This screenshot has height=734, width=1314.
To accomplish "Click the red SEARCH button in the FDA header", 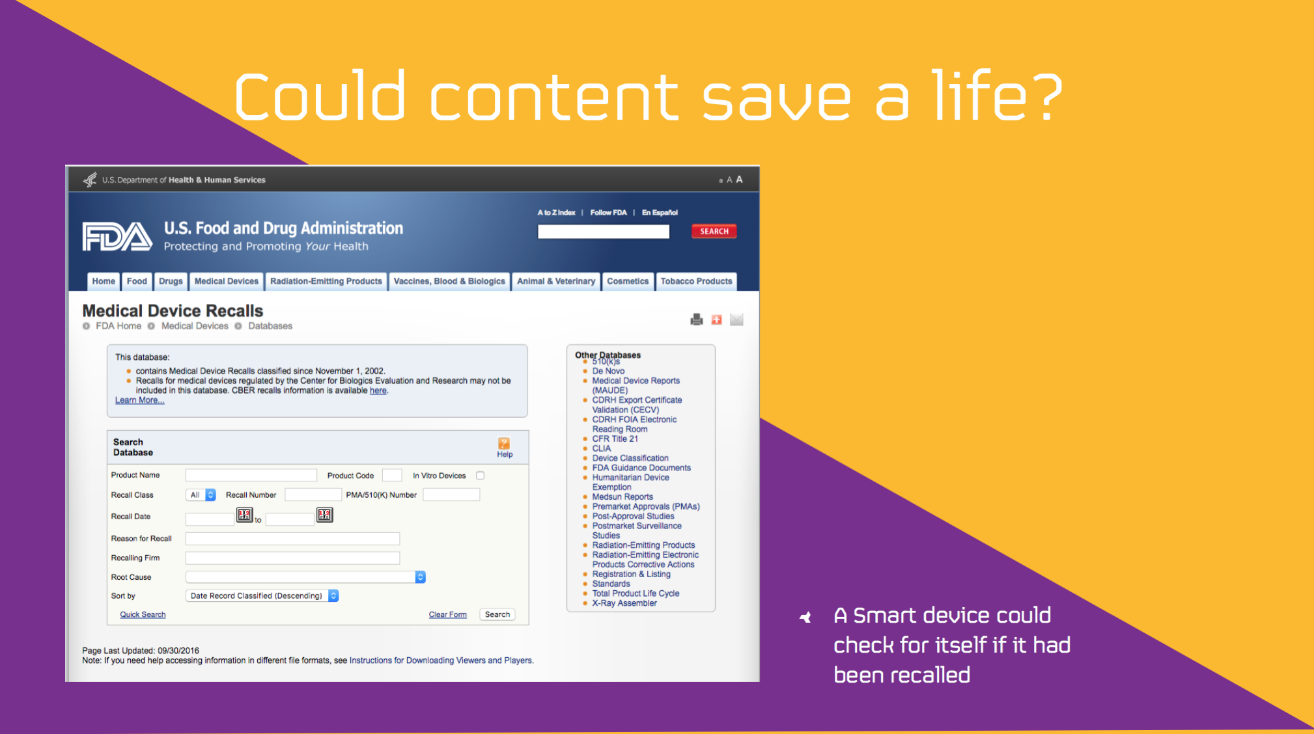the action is pyautogui.click(x=714, y=231).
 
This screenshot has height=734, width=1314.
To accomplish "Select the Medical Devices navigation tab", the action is pyautogui.click(x=226, y=281).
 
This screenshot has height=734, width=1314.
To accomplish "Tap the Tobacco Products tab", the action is pyautogui.click(x=696, y=281).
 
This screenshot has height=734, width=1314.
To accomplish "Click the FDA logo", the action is pyautogui.click(x=117, y=236).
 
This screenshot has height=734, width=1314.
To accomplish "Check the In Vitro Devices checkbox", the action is pyautogui.click(x=480, y=476).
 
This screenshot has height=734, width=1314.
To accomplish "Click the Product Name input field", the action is pyautogui.click(x=251, y=475).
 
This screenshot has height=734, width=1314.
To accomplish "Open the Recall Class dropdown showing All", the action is pyautogui.click(x=201, y=495).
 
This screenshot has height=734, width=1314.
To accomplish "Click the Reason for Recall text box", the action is pyautogui.click(x=292, y=538).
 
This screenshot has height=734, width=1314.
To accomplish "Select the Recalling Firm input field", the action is pyautogui.click(x=292, y=558).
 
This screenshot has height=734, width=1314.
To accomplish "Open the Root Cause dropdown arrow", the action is pyautogui.click(x=420, y=577).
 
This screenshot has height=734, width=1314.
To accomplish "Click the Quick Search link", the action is pyautogui.click(x=143, y=614).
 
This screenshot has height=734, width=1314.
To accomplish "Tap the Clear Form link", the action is pyautogui.click(x=447, y=614).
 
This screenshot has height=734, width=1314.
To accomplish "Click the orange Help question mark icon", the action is pyautogui.click(x=504, y=443).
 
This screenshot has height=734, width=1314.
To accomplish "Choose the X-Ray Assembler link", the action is pyautogui.click(x=624, y=603).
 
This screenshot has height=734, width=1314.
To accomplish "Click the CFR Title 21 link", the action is pyautogui.click(x=615, y=439).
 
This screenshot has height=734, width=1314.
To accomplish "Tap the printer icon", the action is pyautogui.click(x=697, y=319).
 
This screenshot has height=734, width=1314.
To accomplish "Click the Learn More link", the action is pyautogui.click(x=139, y=400).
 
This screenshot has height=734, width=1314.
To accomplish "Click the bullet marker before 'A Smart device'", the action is pyautogui.click(x=805, y=617).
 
